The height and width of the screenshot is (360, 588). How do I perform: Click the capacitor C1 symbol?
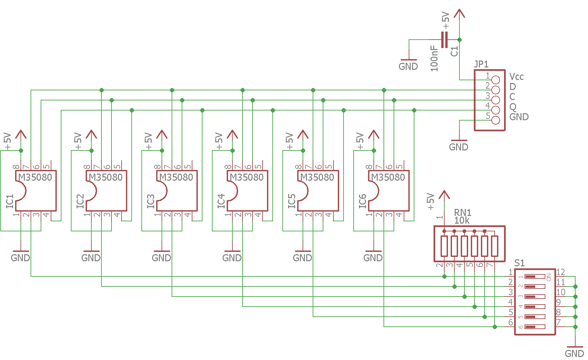[444, 40]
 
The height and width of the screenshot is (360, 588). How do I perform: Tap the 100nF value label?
[434, 58]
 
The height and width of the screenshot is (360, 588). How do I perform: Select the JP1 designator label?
[481, 64]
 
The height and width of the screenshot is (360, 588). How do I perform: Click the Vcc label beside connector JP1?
[516, 77]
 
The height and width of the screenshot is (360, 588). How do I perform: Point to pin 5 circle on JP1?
[495, 120]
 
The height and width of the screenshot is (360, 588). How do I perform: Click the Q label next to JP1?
[513, 107]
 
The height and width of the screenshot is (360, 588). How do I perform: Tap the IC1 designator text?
[10, 201]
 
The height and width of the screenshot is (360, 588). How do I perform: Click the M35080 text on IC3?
[176, 177]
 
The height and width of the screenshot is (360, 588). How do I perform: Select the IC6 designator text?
[362, 201]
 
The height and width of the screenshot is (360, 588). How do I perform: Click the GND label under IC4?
[232, 258]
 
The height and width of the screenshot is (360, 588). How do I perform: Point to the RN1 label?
[462, 213]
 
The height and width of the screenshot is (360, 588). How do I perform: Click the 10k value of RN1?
[462, 221]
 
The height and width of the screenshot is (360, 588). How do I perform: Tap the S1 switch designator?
[519, 263]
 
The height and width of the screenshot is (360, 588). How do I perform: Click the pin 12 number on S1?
[560, 272]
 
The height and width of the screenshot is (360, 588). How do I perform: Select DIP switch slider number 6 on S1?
[535, 327]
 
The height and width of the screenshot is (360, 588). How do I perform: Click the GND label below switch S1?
[575, 354]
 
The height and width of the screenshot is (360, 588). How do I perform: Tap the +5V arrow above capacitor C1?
[459, 13]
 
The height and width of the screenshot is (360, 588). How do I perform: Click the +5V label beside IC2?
[78, 141]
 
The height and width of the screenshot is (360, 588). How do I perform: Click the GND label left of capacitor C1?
[408, 66]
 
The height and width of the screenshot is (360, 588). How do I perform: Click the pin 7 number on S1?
[558, 322]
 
